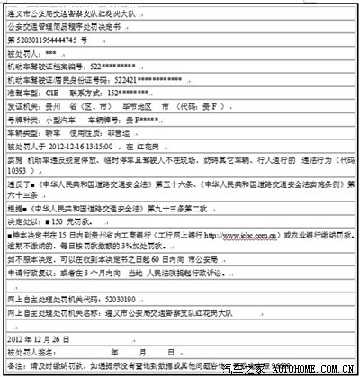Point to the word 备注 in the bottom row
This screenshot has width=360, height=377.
(x=14, y=366)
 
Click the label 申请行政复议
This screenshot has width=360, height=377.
(x=27, y=268)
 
